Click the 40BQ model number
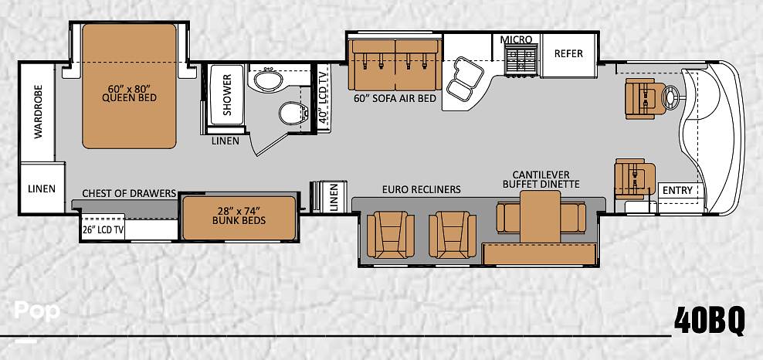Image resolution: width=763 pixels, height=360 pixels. pos(709,321)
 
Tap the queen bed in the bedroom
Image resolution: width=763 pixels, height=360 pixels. pos(129,86)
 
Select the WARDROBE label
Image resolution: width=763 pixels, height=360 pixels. pos(39,112)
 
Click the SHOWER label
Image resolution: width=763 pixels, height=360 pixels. pos(227,95)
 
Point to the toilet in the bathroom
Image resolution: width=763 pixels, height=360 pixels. pos(294,113)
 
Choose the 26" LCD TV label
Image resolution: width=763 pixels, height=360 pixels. pos(102,229)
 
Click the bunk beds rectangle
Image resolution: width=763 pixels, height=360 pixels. pos(239,218)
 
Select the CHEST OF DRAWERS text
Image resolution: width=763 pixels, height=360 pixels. pos(129,194)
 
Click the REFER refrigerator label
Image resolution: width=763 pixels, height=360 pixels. pos(568,53)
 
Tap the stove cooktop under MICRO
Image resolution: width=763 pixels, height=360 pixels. pos(521,59)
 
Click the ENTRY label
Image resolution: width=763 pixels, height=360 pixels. pos(677,191)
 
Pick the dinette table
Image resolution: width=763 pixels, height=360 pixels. pos(540,216)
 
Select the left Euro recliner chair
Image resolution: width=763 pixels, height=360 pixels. pos(390,235)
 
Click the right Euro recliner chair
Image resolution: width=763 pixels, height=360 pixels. pos(453,235)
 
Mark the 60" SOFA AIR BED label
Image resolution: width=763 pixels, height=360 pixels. pos(395,98)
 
